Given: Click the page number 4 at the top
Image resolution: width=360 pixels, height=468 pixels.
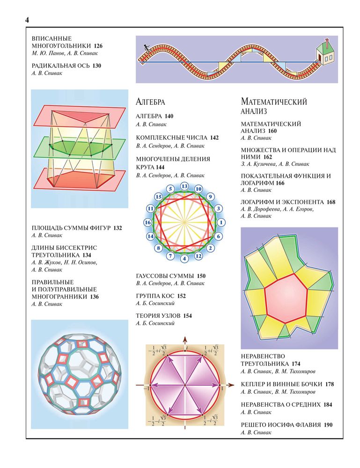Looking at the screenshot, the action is coord(27,20).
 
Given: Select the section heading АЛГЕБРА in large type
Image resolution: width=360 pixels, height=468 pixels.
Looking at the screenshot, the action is coord(150,102).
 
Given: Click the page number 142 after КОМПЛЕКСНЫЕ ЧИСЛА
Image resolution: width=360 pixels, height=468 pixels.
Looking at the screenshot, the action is coord(214,138).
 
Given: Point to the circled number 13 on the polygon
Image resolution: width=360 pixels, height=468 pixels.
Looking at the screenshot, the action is coord(184,186).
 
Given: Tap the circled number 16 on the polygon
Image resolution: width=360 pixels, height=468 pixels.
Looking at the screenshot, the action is coord(148,222).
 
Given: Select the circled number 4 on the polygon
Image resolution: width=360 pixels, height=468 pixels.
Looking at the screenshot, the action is coord(184,258).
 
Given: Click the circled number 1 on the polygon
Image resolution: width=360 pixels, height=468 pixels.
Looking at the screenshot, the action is coord(221,222).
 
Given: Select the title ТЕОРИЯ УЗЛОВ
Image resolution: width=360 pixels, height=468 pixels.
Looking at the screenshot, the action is coord(158,316).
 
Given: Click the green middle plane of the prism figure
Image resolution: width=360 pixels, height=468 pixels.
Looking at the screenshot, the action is coord(80,148).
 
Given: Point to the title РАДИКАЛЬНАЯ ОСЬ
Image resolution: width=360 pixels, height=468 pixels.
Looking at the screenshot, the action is coord(60,66).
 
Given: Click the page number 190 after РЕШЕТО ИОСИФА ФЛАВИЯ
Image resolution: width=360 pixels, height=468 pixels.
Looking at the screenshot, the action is coord(328,425).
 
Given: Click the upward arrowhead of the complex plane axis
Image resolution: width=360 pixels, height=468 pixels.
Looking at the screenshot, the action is coord(185,339).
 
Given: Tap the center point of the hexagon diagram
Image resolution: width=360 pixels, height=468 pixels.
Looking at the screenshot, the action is coord(185,385).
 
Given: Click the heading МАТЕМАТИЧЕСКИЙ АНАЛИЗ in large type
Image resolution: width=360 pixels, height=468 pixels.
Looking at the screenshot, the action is coord(274,106).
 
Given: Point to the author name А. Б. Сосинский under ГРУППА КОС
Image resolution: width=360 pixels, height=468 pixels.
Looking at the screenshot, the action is coord(155,303).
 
